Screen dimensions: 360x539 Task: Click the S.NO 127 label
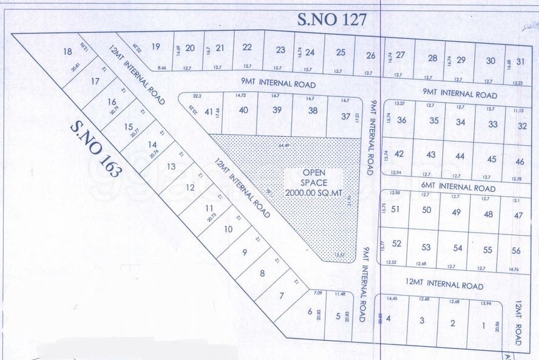pos(333,19)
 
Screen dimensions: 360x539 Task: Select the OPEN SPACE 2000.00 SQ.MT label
pos(314,182)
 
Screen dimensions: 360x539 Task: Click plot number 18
pos(67,52)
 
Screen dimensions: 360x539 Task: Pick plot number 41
pos(210,111)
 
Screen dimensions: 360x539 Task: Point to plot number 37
pos(345,117)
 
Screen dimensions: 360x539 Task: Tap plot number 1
pos(483,325)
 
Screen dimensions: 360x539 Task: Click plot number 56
pos(516,251)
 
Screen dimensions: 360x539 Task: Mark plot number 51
pos(395,209)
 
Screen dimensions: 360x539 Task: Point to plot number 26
pos(371,56)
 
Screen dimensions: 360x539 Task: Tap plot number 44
pos(459,156)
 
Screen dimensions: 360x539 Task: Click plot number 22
pos(247,47)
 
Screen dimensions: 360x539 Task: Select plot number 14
pos(152,144)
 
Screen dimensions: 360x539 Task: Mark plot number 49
pos(456,212)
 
